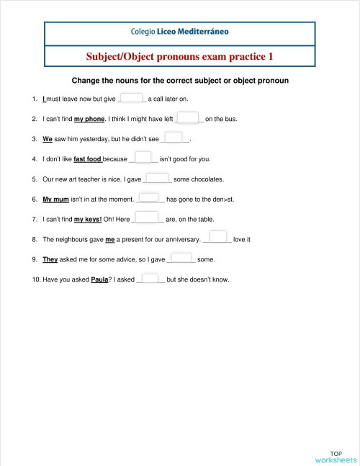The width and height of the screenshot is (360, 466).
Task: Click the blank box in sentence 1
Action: [x=132, y=99]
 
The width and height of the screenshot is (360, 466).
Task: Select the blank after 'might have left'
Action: [x=188, y=118]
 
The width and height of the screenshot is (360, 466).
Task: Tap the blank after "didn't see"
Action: [x=174, y=138]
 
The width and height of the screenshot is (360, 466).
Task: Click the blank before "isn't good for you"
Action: [x=143, y=158]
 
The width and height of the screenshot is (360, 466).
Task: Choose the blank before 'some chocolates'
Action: [x=157, y=178]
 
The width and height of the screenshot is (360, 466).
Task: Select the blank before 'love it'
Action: [x=219, y=238]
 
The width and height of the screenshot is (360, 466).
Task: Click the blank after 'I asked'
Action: [x=150, y=278]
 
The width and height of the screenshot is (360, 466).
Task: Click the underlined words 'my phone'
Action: [x=90, y=119]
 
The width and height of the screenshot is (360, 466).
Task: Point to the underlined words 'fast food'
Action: [x=89, y=159]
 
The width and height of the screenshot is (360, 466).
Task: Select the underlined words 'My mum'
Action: [x=55, y=199]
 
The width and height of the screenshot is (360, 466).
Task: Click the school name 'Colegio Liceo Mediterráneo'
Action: [x=181, y=32]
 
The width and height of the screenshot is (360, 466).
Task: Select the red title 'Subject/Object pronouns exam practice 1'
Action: [x=180, y=55]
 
